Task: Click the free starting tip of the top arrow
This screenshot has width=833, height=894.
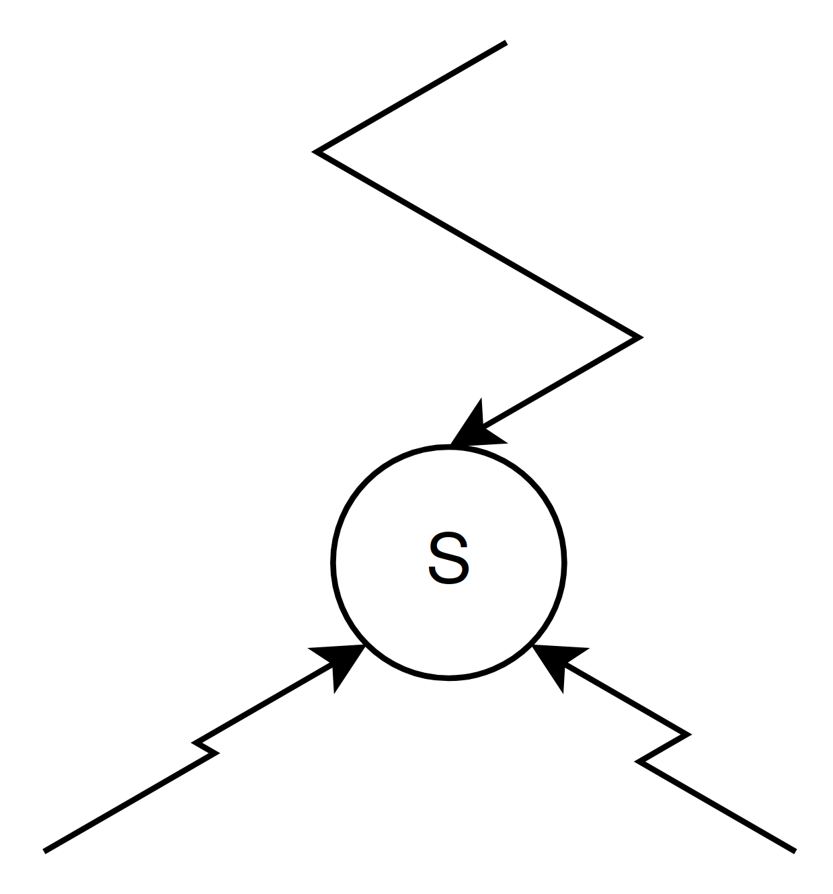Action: pos(505,43)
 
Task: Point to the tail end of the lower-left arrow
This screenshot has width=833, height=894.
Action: pos(45,851)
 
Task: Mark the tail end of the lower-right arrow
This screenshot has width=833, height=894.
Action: pos(795,851)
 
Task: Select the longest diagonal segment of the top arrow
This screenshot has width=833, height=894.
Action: pos(477,245)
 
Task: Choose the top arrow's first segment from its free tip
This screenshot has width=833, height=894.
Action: pos(411,97)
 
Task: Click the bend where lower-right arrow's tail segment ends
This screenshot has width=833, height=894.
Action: pos(639,761)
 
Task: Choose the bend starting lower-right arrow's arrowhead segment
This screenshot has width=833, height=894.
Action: pos(687,734)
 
